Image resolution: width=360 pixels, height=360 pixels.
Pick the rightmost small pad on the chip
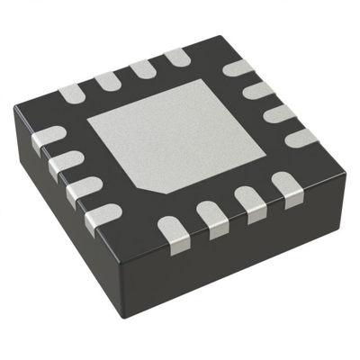click(x=301, y=137)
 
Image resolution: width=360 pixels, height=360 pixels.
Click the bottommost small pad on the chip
click(x=170, y=231)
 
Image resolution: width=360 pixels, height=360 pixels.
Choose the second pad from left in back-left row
click(x=107, y=81)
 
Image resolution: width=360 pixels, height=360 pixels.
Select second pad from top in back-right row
click(x=258, y=90)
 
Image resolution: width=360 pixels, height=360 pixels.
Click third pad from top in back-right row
click(x=280, y=113)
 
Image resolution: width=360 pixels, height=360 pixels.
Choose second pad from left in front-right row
click(x=213, y=218)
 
